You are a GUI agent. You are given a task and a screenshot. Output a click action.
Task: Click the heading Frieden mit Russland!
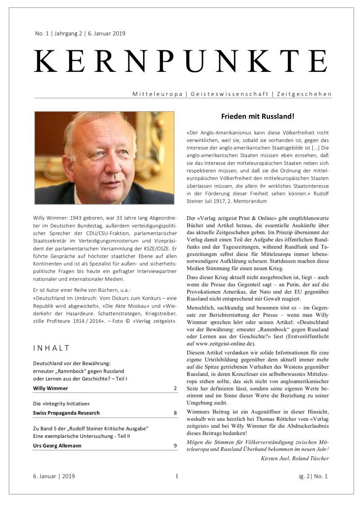pyautogui.click(x=257, y=116)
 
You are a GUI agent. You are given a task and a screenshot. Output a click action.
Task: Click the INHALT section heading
pyautogui.click(x=51, y=348)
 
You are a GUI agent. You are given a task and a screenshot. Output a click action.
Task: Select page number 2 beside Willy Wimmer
pyautogui.click(x=175, y=388)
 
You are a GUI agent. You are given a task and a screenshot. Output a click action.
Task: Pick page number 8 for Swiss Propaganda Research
pyautogui.click(x=175, y=413)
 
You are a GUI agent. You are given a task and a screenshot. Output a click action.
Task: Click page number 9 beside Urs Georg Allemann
pyautogui.click(x=175, y=446)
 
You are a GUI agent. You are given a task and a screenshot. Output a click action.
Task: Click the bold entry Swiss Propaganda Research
pyautogui.click(x=66, y=413)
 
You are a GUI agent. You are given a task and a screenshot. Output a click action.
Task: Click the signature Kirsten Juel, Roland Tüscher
pyautogui.click(x=294, y=458)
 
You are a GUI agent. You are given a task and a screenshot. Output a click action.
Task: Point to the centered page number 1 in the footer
pyautogui.click(x=177, y=476)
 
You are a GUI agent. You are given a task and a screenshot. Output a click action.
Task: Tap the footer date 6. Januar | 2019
pyautogui.click(x=54, y=476)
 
